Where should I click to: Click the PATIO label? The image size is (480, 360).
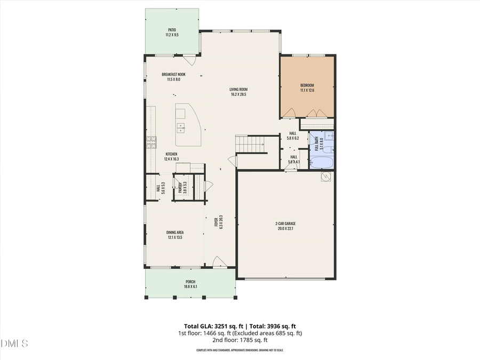pyautogui.click(x=172, y=30)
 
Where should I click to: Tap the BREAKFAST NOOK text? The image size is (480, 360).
pyautogui.click(x=174, y=74)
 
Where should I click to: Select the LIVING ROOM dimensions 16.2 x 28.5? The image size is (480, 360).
pyautogui.click(x=239, y=94)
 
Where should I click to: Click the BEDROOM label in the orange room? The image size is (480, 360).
pyautogui.click(x=307, y=85)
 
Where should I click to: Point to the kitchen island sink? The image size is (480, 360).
pyautogui.click(x=181, y=127)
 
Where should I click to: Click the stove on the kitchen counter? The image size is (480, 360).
pyautogui.click(x=152, y=141)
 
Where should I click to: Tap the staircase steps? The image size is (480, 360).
pyautogui.click(x=250, y=143)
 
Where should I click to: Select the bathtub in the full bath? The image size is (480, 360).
pyautogui.click(x=321, y=161)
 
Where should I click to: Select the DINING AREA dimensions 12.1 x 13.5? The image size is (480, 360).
pyautogui.click(x=175, y=237)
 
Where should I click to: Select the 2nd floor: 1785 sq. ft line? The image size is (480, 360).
pyautogui.click(x=240, y=340)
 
